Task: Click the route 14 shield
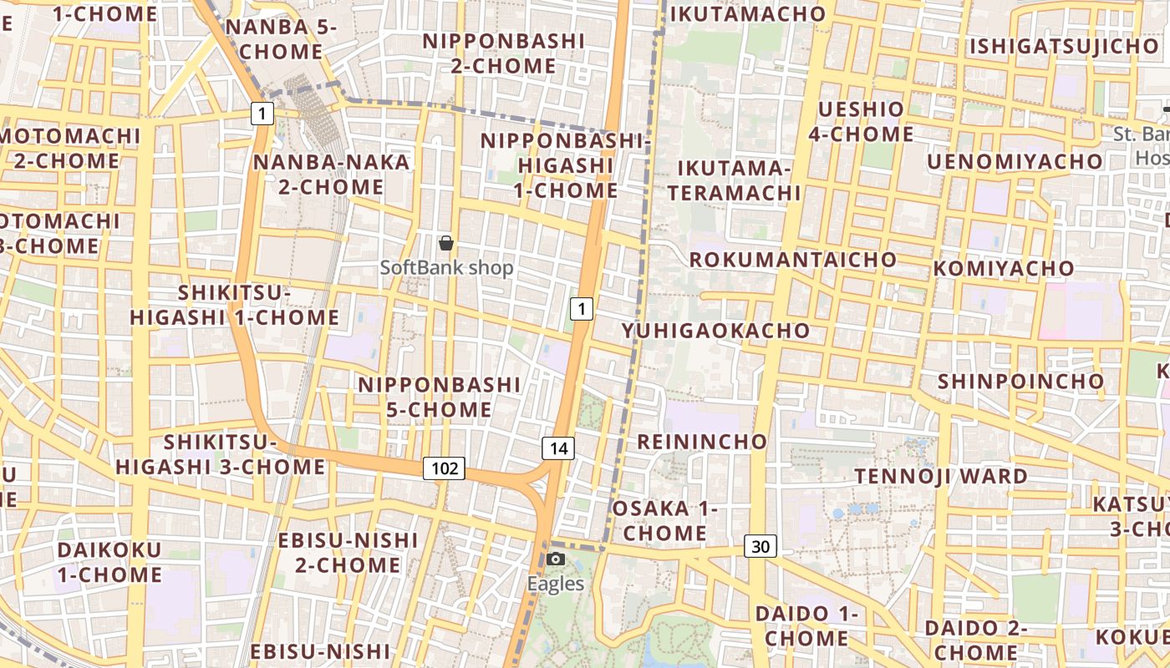coord(558,448)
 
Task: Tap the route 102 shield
coord(444,468)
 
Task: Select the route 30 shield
coord(760,547)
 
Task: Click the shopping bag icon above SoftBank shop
coord(446,243)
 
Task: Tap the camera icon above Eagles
coord(556,559)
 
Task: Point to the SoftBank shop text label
coord(446,268)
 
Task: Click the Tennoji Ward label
coord(941,476)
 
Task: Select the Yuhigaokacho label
coord(716,331)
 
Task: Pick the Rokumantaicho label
coord(793,259)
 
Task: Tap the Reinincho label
coord(702,441)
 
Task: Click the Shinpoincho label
coord(1020,382)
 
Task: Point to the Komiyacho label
coord(1004,268)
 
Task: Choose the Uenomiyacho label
coord(1015,161)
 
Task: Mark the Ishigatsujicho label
coord(1063,46)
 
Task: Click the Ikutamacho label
coord(748,13)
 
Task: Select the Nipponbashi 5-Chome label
coord(439,397)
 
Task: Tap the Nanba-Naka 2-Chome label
coord(332,174)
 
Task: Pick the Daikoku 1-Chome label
coord(109,562)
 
